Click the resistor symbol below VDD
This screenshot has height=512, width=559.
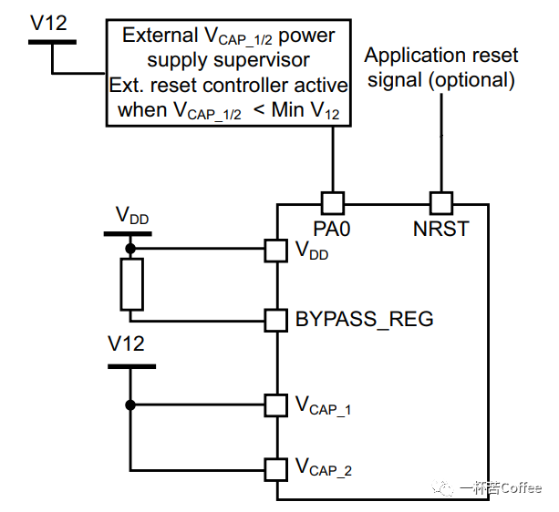(x=131, y=283)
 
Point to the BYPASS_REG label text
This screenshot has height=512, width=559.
(x=364, y=320)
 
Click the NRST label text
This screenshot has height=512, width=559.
(x=441, y=228)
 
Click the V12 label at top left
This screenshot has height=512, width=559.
(x=48, y=23)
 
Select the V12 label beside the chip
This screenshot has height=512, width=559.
(x=126, y=344)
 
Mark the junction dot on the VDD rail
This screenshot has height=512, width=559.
(x=130, y=248)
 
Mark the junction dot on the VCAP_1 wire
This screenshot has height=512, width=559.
(x=130, y=404)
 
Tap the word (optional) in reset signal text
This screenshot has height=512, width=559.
(x=470, y=80)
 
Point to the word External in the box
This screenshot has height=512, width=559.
(x=160, y=36)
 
